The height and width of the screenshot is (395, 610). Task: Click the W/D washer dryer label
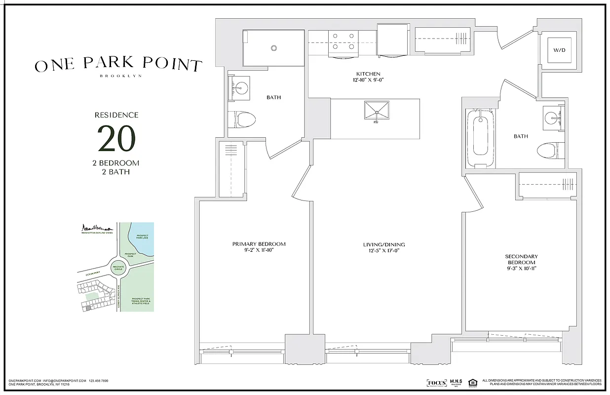click(559, 50)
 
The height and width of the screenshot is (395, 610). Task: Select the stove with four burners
click(343, 41)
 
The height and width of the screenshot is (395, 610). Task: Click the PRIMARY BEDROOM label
click(259, 244)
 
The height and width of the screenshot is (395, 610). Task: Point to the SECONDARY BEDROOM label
click(521, 260)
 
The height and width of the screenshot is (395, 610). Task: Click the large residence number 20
click(116, 139)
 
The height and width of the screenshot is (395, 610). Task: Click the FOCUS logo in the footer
click(436, 383)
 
